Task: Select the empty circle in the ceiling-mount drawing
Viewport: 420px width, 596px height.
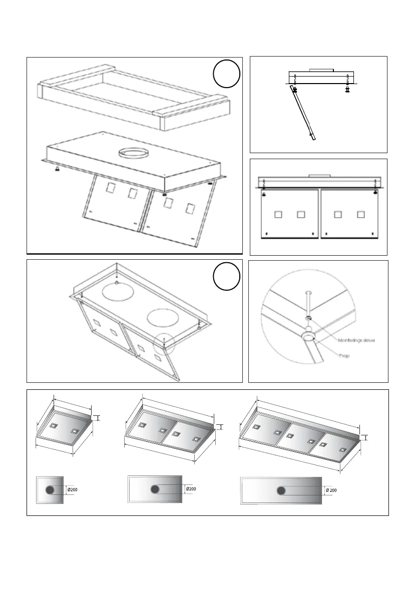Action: [x=226, y=276]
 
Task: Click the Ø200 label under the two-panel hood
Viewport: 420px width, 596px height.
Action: [x=191, y=488]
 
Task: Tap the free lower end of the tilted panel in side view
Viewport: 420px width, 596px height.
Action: [x=314, y=139]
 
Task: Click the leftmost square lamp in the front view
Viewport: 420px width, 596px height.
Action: [x=278, y=215]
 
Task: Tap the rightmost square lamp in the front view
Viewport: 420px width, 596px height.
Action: [x=360, y=215]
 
